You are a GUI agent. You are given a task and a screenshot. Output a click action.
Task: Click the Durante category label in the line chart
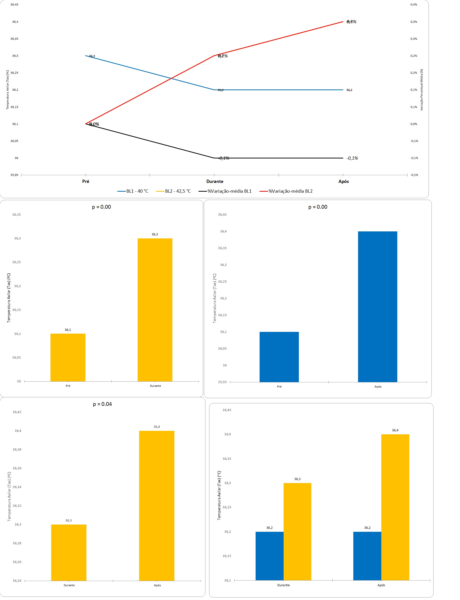[x=215, y=181]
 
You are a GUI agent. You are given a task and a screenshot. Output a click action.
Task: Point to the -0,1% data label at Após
[x=352, y=158]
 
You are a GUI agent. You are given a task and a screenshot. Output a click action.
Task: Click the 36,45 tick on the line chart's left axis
[x=14, y=4]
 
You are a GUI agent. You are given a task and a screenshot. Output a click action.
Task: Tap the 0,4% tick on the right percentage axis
[x=414, y=4]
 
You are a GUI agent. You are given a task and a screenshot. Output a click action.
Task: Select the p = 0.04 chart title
[x=102, y=404]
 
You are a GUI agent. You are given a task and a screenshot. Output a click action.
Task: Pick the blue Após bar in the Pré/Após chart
[x=377, y=307]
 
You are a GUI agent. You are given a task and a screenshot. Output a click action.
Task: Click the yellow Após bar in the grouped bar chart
[x=395, y=507]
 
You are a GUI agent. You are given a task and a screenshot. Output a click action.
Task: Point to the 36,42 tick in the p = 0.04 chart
[x=17, y=412]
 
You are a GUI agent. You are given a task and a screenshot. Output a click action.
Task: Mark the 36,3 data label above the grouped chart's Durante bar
[x=297, y=479]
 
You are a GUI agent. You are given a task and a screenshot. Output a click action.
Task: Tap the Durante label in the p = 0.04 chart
[x=69, y=585]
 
